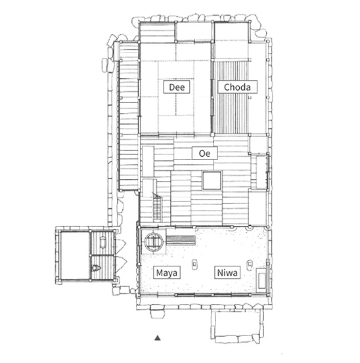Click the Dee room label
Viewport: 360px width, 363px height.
coord(177,87)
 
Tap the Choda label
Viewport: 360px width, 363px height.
coord(237,87)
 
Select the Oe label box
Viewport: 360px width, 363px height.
coord(204,153)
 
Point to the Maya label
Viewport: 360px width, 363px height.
coord(167,272)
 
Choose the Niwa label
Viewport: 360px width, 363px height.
coord(227,272)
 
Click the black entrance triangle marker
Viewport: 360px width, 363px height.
coord(158,338)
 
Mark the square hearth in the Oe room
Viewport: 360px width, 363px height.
coord(212,181)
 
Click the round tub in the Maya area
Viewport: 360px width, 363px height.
coord(154,242)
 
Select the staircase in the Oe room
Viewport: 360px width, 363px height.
coord(158,207)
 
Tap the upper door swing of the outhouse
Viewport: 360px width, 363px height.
coord(120,244)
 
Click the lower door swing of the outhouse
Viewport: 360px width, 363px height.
coord(121,264)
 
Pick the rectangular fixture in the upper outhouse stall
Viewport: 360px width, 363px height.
coord(102,242)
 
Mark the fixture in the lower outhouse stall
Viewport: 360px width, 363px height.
coord(96,268)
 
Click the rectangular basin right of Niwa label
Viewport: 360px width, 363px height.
coord(261,279)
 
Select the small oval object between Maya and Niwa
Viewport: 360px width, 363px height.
coord(195,264)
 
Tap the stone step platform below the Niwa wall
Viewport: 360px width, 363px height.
coord(236,326)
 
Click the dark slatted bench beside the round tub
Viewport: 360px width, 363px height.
coord(181,240)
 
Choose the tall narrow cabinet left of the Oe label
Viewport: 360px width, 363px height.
coord(148,161)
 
